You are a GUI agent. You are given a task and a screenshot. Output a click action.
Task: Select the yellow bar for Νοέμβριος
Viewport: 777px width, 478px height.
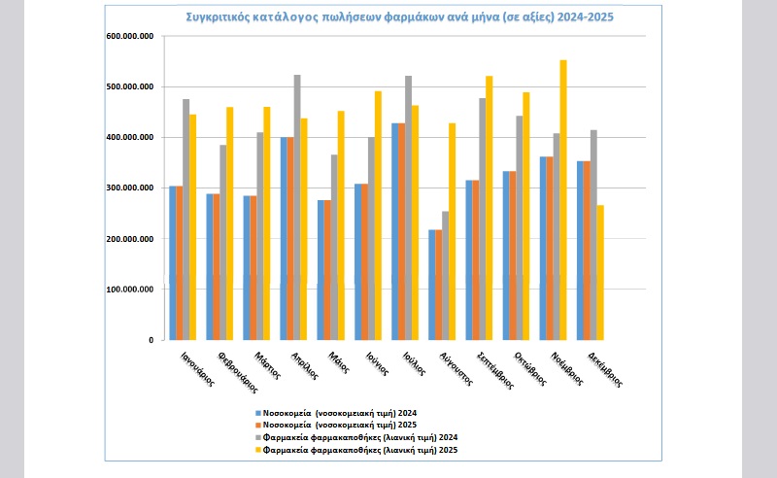pos(562,199)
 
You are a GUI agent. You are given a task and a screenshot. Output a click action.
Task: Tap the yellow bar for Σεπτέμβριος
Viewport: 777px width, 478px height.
pos(489,208)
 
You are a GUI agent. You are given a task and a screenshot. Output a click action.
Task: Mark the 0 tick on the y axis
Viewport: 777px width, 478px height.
pos(150,340)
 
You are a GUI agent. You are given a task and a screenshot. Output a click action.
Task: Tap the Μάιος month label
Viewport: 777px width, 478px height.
pos(339,362)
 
